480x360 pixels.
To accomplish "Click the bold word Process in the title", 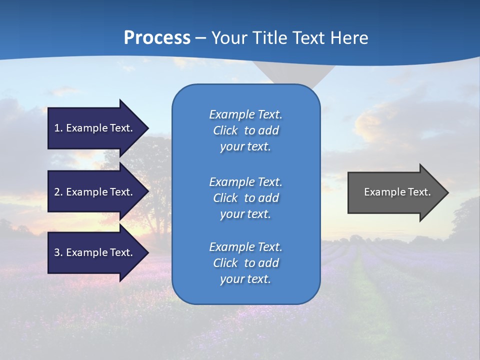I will (157, 38).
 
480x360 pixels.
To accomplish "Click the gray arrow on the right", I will (395, 192).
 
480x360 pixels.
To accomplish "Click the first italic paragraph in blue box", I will (245, 130).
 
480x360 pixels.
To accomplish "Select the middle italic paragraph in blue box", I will (245, 198).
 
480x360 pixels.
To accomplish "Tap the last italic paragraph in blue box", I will (245, 263).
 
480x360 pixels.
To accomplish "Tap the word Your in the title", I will (229, 38).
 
